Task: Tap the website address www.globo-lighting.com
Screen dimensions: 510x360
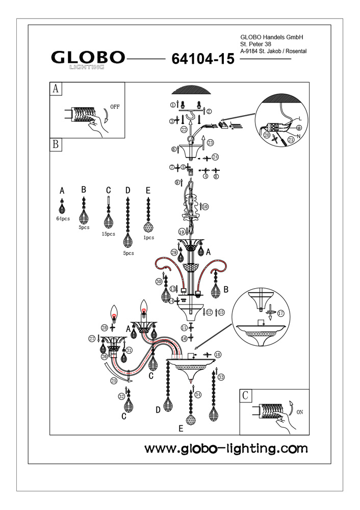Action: [226, 449]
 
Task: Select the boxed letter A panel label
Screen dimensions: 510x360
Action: [56, 89]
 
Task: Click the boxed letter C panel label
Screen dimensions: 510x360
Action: [246, 395]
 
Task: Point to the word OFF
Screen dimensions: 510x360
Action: [116, 107]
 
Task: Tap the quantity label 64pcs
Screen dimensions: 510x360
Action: [63, 218]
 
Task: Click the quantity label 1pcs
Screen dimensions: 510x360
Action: [149, 238]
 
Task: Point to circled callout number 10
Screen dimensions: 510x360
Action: [205, 207]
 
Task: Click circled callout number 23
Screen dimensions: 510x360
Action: [210, 143]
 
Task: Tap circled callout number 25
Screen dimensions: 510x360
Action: [114, 380]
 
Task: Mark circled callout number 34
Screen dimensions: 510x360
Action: [198, 394]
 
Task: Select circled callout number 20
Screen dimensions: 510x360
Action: [266, 135]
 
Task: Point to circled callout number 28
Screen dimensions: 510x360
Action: [105, 327]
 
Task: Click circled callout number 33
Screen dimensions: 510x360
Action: [221, 377]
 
